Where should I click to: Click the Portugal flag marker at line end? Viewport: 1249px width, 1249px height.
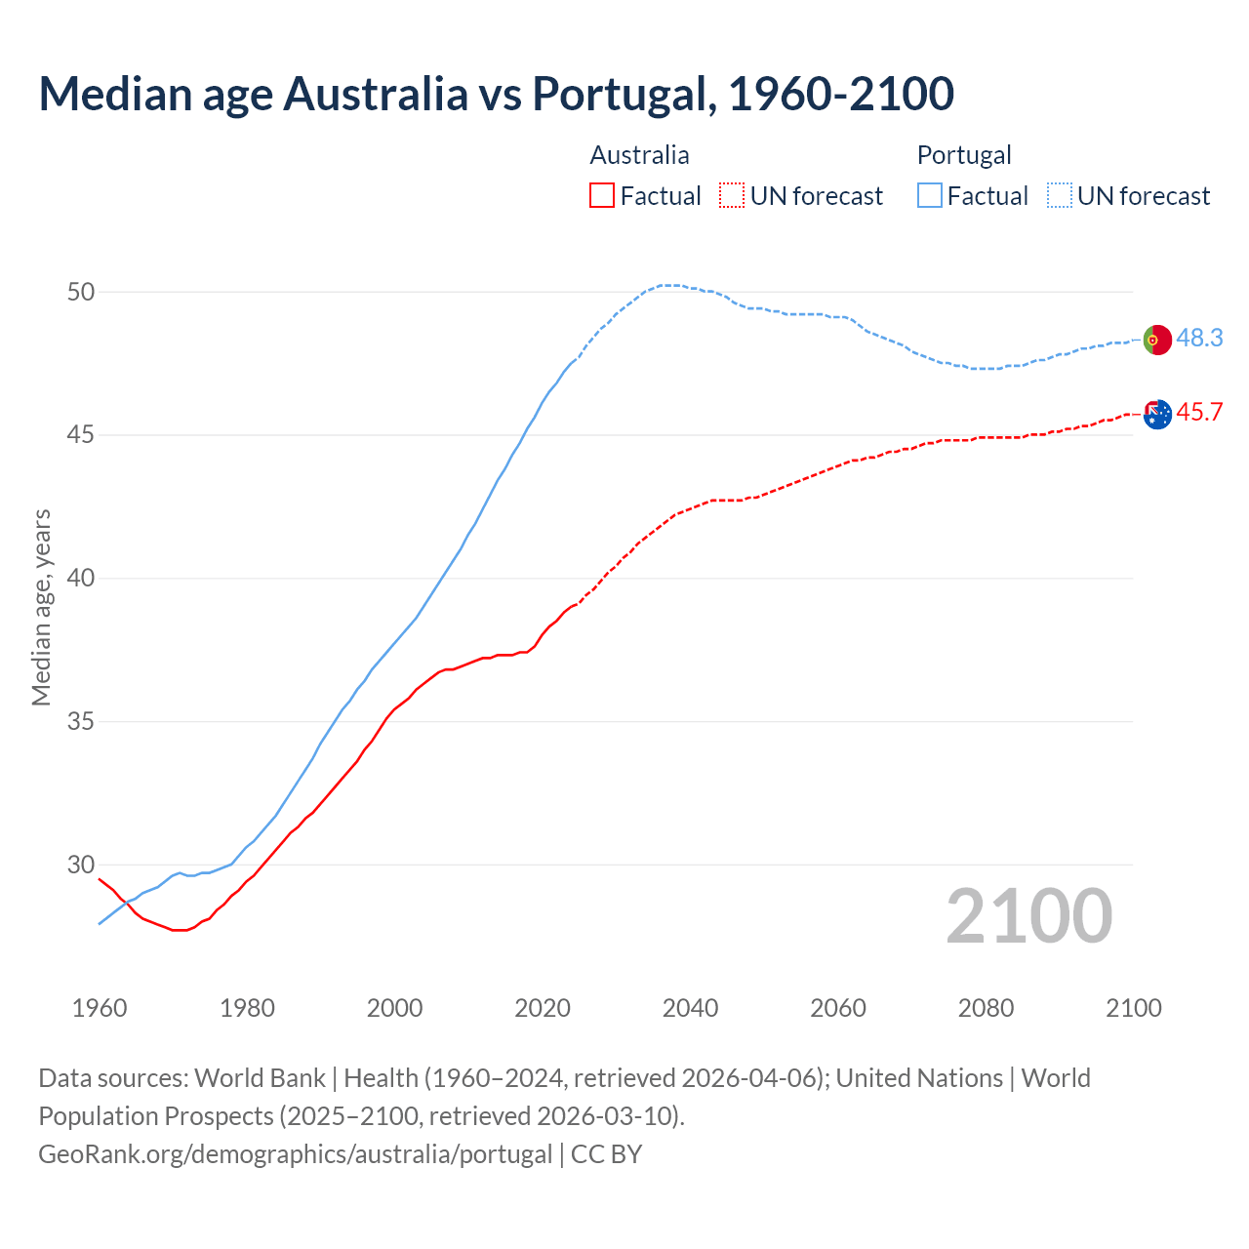(1157, 340)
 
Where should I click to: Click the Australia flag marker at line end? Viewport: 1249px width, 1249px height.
(1157, 415)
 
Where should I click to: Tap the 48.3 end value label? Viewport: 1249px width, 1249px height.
(1199, 338)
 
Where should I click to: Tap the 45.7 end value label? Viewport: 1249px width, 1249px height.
(1199, 412)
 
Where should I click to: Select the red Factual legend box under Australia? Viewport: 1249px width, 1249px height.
(602, 196)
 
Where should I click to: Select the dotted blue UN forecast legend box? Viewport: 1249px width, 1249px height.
(1060, 196)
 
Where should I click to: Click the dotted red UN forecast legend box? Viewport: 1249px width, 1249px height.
(732, 196)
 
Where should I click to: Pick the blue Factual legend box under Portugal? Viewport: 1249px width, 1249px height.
(930, 196)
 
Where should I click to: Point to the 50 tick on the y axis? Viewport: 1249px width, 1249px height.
(81, 292)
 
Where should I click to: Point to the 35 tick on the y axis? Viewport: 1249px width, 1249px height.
(81, 722)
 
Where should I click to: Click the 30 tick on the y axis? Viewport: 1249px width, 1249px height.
(81, 865)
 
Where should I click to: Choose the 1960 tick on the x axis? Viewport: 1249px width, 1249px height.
(100, 1008)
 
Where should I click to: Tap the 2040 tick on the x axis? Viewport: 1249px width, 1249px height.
(690, 1008)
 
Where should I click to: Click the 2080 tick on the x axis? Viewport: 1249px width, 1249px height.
(986, 1008)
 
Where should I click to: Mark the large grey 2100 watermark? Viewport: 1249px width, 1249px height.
(1029, 915)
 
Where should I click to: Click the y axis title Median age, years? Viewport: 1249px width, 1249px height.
(41, 607)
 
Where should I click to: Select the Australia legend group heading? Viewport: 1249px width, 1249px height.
(639, 155)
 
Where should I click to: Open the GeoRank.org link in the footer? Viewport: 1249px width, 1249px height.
(295, 1153)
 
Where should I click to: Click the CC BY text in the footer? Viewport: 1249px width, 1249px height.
(606, 1153)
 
